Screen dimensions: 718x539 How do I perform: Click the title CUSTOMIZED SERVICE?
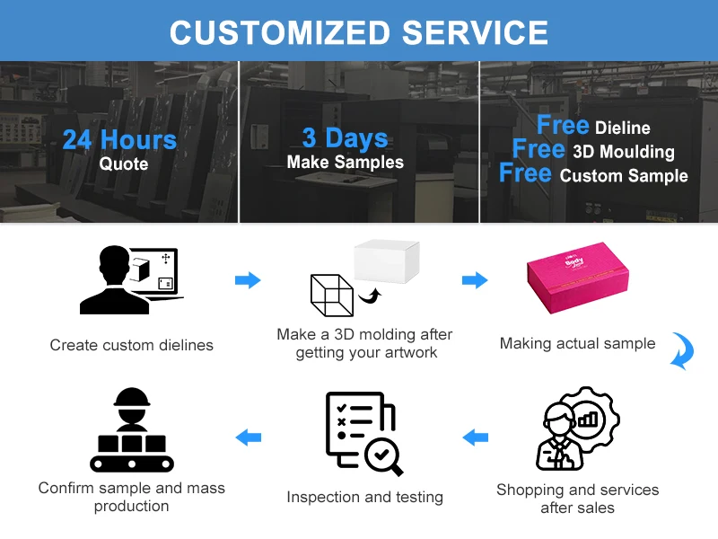tap(359, 31)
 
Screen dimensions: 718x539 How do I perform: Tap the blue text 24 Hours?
tap(119, 139)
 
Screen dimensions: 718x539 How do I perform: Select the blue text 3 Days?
tap(345, 137)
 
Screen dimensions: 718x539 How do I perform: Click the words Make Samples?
tap(345, 163)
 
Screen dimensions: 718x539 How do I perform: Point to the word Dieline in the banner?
tap(622, 128)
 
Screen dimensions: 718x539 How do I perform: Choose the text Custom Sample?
tap(624, 175)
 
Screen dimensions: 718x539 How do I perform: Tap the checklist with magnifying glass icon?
tap(362, 432)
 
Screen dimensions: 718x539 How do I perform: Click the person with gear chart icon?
tap(577, 429)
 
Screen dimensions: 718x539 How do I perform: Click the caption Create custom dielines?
tap(132, 345)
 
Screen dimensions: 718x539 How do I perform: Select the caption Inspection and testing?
tap(364, 497)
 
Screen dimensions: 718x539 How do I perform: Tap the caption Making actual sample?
tap(577, 343)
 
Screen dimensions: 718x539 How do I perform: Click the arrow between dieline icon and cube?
tap(248, 280)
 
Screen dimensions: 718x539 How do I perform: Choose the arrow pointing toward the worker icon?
tap(248, 437)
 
